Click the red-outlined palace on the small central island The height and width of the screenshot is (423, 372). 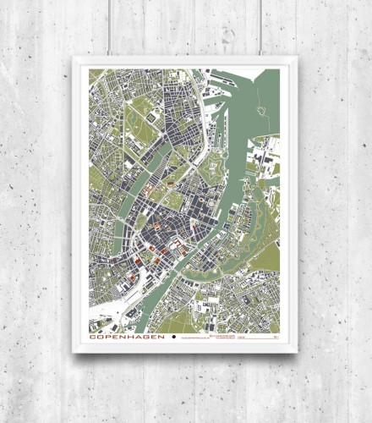177,248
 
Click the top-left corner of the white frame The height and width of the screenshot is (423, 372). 74,58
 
